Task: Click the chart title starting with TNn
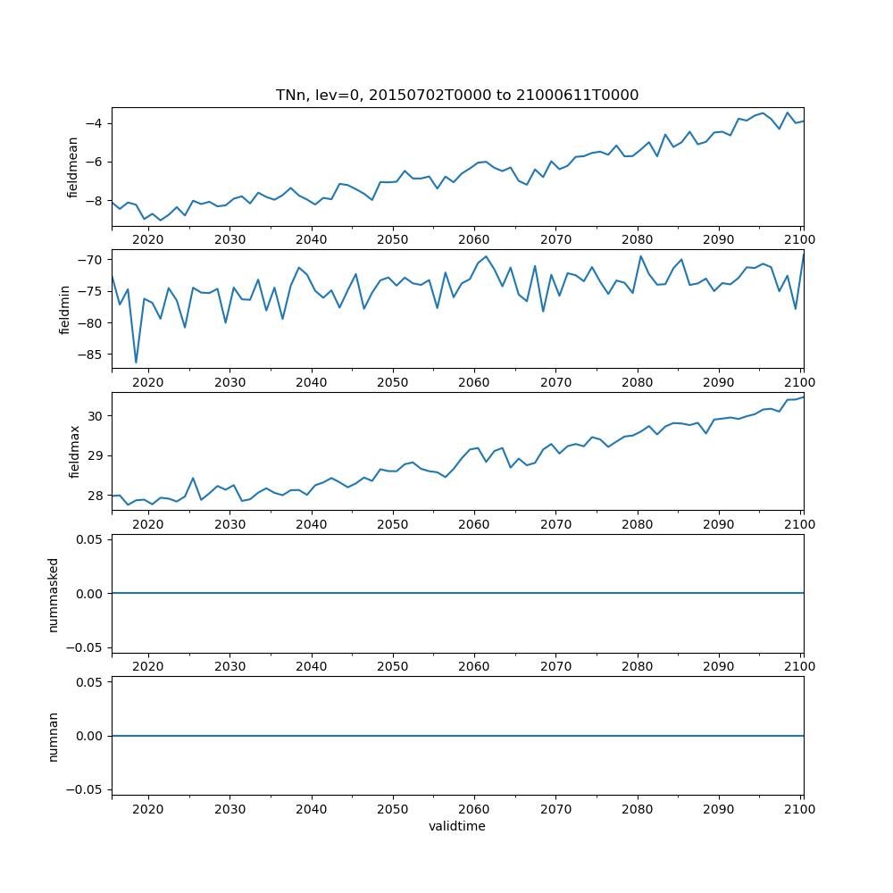pyautogui.click(x=457, y=96)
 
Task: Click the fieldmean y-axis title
pyautogui.click(x=73, y=167)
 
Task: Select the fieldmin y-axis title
pyautogui.click(x=64, y=309)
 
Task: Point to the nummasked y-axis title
pyautogui.click(x=53, y=593)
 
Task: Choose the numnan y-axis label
pyautogui.click(x=53, y=736)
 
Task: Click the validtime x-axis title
pyautogui.click(x=457, y=827)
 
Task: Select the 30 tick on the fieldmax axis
pyautogui.click(x=96, y=416)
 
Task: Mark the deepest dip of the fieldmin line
pyautogui.click(x=136, y=363)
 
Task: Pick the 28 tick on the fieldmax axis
pyautogui.click(x=96, y=495)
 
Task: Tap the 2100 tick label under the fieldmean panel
pyautogui.click(x=801, y=241)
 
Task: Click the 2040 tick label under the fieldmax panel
pyautogui.click(x=311, y=526)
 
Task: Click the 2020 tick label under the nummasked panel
pyautogui.click(x=148, y=668)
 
